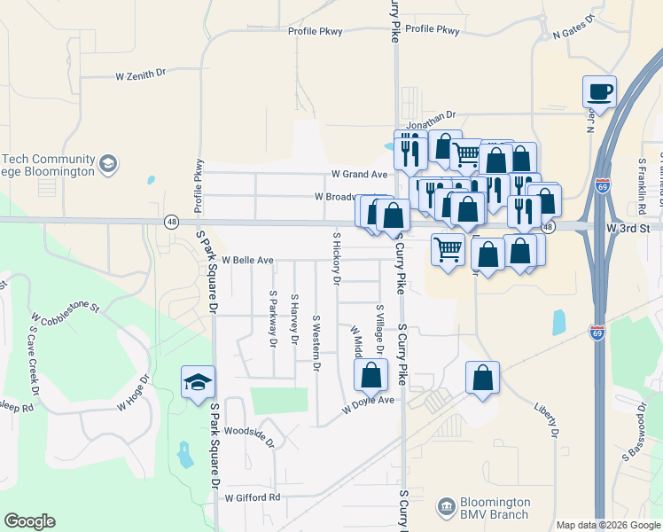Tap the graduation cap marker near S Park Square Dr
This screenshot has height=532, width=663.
tap(198, 383)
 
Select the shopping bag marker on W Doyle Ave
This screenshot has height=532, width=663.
tap(371, 375)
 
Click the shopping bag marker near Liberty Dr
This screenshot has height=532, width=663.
tap(482, 378)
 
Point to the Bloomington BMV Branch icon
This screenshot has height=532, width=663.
tap(447, 508)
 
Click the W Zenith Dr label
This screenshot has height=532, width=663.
tap(141, 76)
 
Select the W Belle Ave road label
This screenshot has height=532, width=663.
tap(247, 261)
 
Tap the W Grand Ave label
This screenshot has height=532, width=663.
tap(359, 174)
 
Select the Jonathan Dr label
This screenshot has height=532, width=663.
tap(431, 114)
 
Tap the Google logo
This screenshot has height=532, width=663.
tap(29, 521)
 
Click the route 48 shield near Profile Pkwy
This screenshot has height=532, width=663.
tap(168, 221)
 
